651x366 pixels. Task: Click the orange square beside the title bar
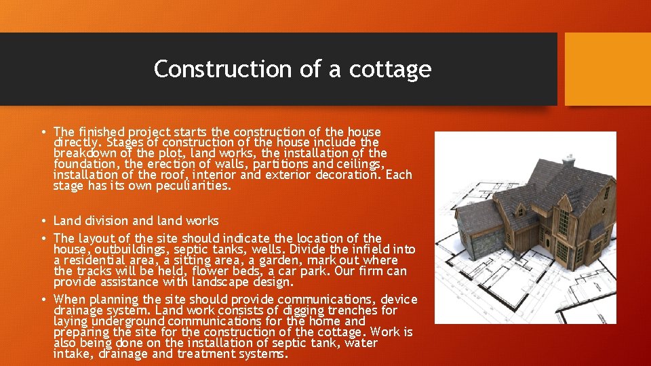click(608, 69)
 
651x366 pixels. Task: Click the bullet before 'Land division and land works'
click(43, 221)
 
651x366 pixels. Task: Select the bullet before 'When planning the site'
click(43, 300)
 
